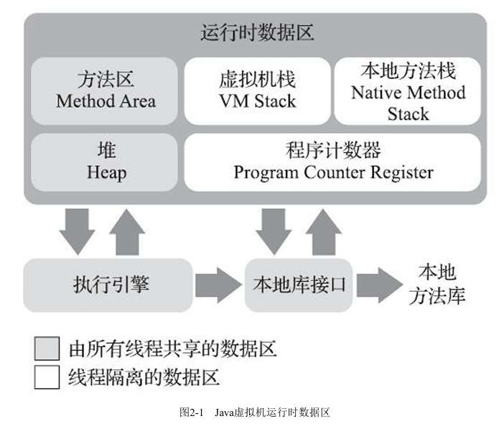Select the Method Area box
pos(106,91)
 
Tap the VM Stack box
pos(256,91)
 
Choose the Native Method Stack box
pos(407,92)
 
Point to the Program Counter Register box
pos(333,162)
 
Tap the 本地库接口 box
pos(299,285)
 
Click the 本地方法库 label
pos(437,285)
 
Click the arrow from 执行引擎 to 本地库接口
pos(218,285)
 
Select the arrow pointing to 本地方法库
pos(381,285)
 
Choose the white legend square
pos(47,377)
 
